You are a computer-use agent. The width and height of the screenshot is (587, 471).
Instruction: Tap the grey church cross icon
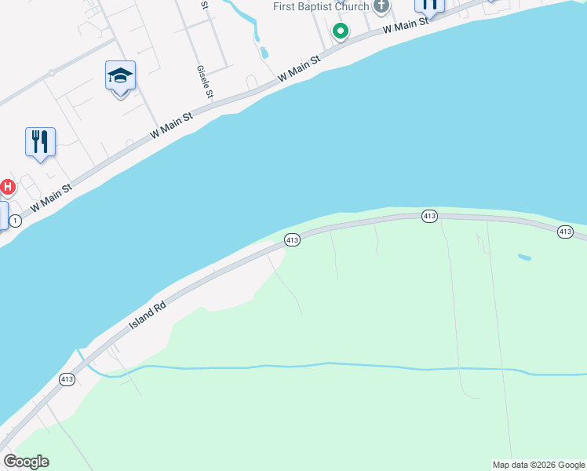click(381, 7)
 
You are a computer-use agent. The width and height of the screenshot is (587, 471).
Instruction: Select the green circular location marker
click(341, 31)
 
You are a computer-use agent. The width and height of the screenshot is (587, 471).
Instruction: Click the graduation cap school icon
click(120, 76)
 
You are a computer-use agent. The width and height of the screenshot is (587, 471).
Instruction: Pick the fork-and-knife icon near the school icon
click(40, 142)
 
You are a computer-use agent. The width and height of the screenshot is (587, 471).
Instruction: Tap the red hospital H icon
click(7, 187)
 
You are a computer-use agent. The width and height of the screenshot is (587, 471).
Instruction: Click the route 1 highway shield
click(16, 221)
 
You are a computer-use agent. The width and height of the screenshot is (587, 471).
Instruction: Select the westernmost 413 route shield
click(67, 379)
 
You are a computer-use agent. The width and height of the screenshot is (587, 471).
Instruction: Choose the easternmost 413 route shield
click(566, 231)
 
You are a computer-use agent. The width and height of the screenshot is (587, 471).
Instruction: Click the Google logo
click(26, 462)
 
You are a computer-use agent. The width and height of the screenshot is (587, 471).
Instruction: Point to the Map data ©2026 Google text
click(538, 465)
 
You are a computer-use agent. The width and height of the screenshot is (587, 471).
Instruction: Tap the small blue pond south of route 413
click(524, 257)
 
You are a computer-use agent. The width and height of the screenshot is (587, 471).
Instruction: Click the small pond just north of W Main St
click(263, 53)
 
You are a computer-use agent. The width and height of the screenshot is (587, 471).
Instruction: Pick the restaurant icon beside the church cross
click(429, 5)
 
